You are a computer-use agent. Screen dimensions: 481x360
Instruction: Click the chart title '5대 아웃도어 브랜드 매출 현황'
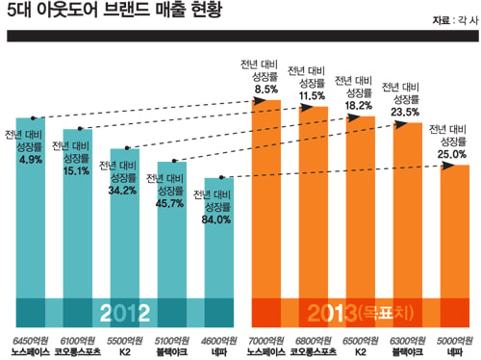(x=114, y=10)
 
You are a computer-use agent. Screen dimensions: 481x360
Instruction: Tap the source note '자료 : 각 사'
(x=455, y=20)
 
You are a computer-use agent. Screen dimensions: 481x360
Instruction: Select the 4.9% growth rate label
(x=31, y=160)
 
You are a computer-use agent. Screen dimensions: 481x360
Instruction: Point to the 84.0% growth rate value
(x=216, y=219)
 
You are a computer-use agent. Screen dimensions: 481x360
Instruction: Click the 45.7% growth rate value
(x=169, y=203)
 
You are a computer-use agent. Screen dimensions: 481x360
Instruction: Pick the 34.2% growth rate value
(x=122, y=191)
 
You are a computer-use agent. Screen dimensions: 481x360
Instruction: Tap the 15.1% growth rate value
(x=76, y=171)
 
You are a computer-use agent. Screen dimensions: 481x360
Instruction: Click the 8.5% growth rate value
(x=266, y=90)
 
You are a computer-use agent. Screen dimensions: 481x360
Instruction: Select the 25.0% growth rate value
(x=452, y=154)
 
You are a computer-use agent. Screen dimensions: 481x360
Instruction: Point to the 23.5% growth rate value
(x=405, y=112)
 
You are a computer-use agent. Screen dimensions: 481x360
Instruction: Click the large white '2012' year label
(x=125, y=313)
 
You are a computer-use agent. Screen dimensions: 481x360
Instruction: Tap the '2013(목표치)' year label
(x=361, y=313)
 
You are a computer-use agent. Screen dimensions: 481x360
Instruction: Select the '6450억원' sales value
(x=31, y=341)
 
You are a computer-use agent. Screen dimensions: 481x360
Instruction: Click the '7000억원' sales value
(x=266, y=341)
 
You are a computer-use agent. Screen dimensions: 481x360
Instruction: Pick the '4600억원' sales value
(x=219, y=341)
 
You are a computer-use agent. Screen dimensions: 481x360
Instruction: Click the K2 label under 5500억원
(x=125, y=352)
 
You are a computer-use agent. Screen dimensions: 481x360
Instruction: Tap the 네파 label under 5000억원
(x=455, y=352)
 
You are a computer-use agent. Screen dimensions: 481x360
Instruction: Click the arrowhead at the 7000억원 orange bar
(x=260, y=101)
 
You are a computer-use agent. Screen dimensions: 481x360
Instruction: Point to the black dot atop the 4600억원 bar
(x=221, y=177)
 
